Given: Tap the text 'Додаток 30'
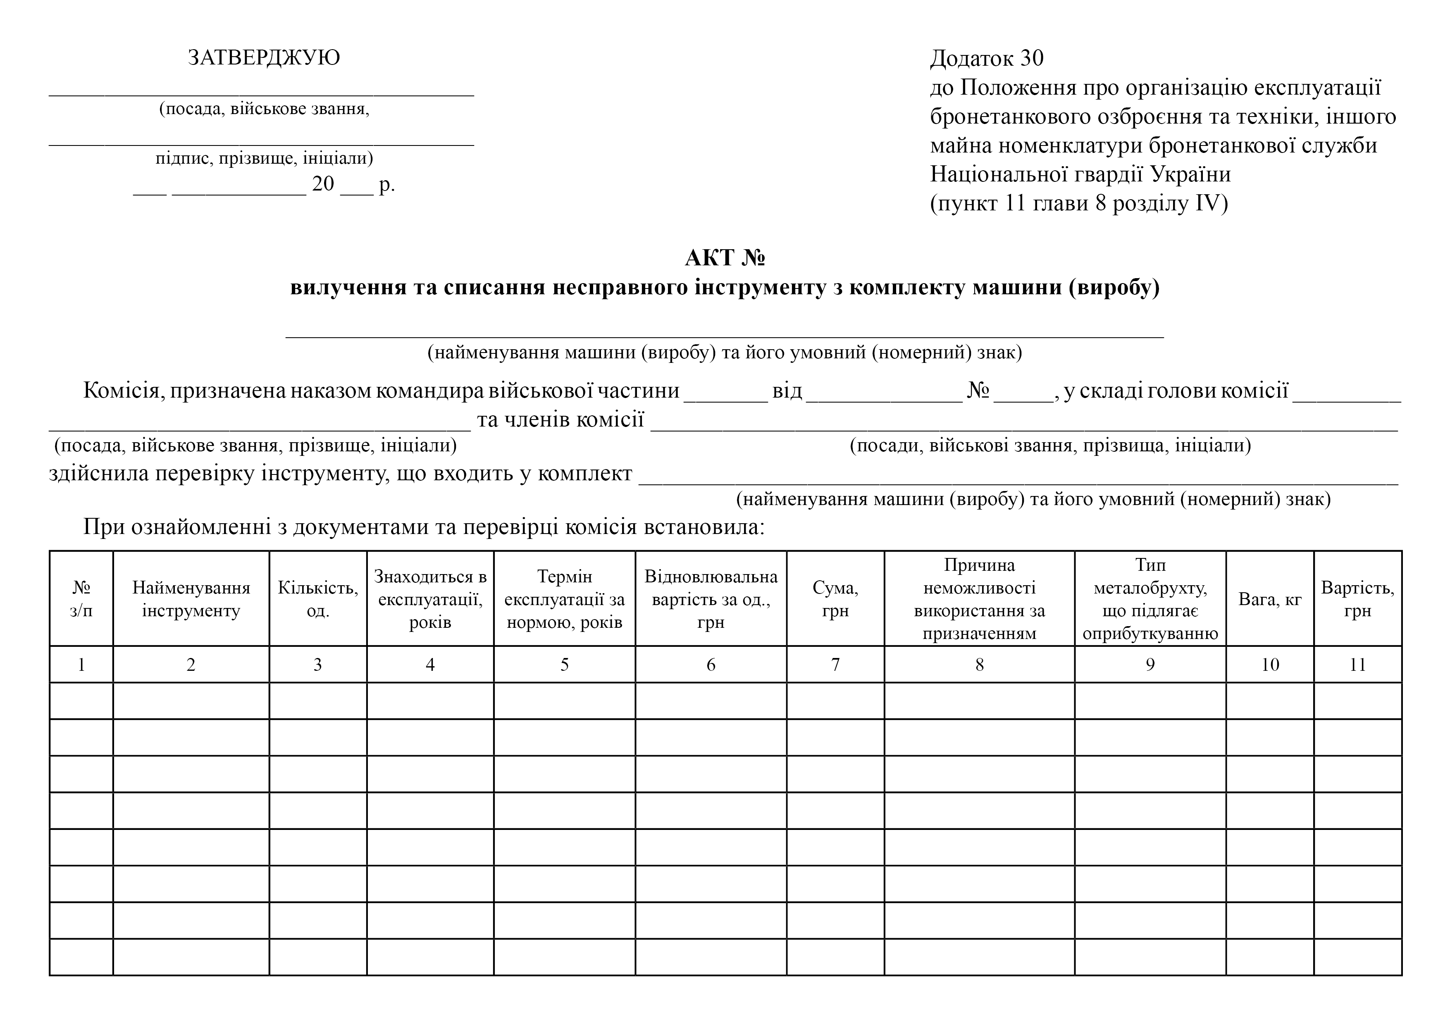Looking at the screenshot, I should point(987,58).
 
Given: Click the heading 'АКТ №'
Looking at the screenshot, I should point(725,257).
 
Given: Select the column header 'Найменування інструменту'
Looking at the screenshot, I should point(191,599).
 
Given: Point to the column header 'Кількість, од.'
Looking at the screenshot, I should point(318,599).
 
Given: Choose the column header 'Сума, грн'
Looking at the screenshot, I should point(835,599).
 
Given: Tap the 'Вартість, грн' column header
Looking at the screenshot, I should point(1358,599).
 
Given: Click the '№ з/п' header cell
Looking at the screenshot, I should point(81,599).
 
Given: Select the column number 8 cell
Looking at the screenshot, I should point(979,664).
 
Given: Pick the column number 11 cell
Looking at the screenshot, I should point(1358,664).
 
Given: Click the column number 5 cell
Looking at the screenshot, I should point(564,664).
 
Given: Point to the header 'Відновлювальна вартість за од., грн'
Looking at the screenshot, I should point(711,599).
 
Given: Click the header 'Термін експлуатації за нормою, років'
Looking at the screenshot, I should point(564,599).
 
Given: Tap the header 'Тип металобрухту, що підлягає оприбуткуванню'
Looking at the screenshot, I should point(1150,599).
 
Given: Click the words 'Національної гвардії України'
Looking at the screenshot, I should point(1080,174).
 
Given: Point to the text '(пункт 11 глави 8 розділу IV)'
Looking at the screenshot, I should point(1079,203).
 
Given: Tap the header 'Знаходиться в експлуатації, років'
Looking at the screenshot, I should point(430,599).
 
